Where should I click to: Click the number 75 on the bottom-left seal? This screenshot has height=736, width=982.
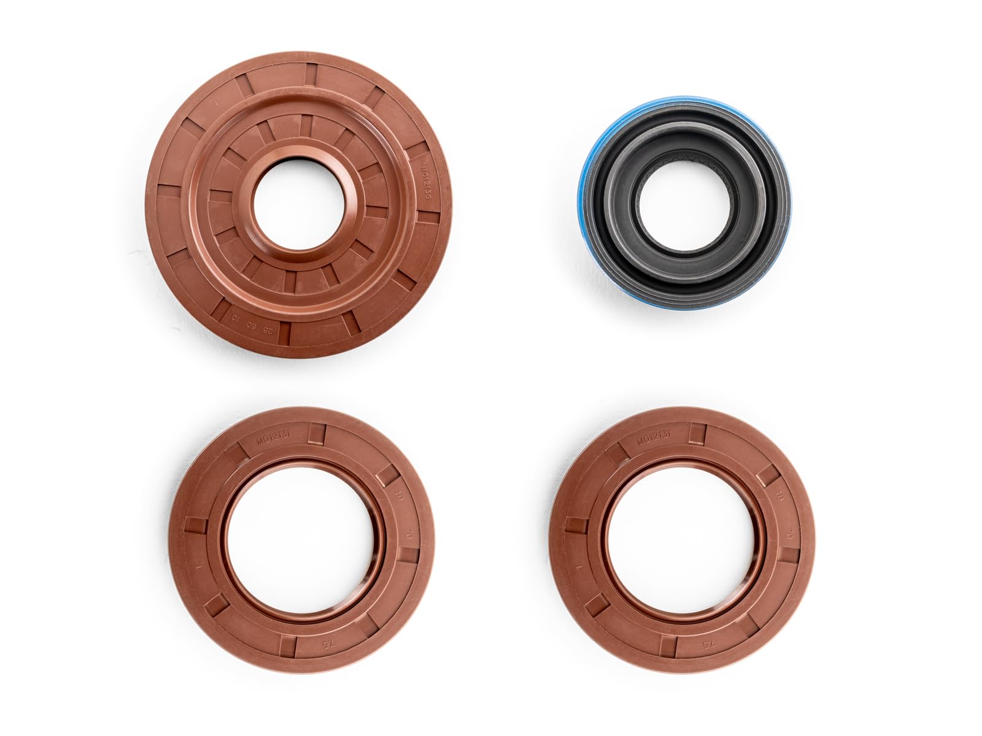coord(327,646)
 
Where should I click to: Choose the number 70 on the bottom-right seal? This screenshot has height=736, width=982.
coord(788,535)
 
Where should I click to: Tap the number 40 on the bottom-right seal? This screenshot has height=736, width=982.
coord(780,496)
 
